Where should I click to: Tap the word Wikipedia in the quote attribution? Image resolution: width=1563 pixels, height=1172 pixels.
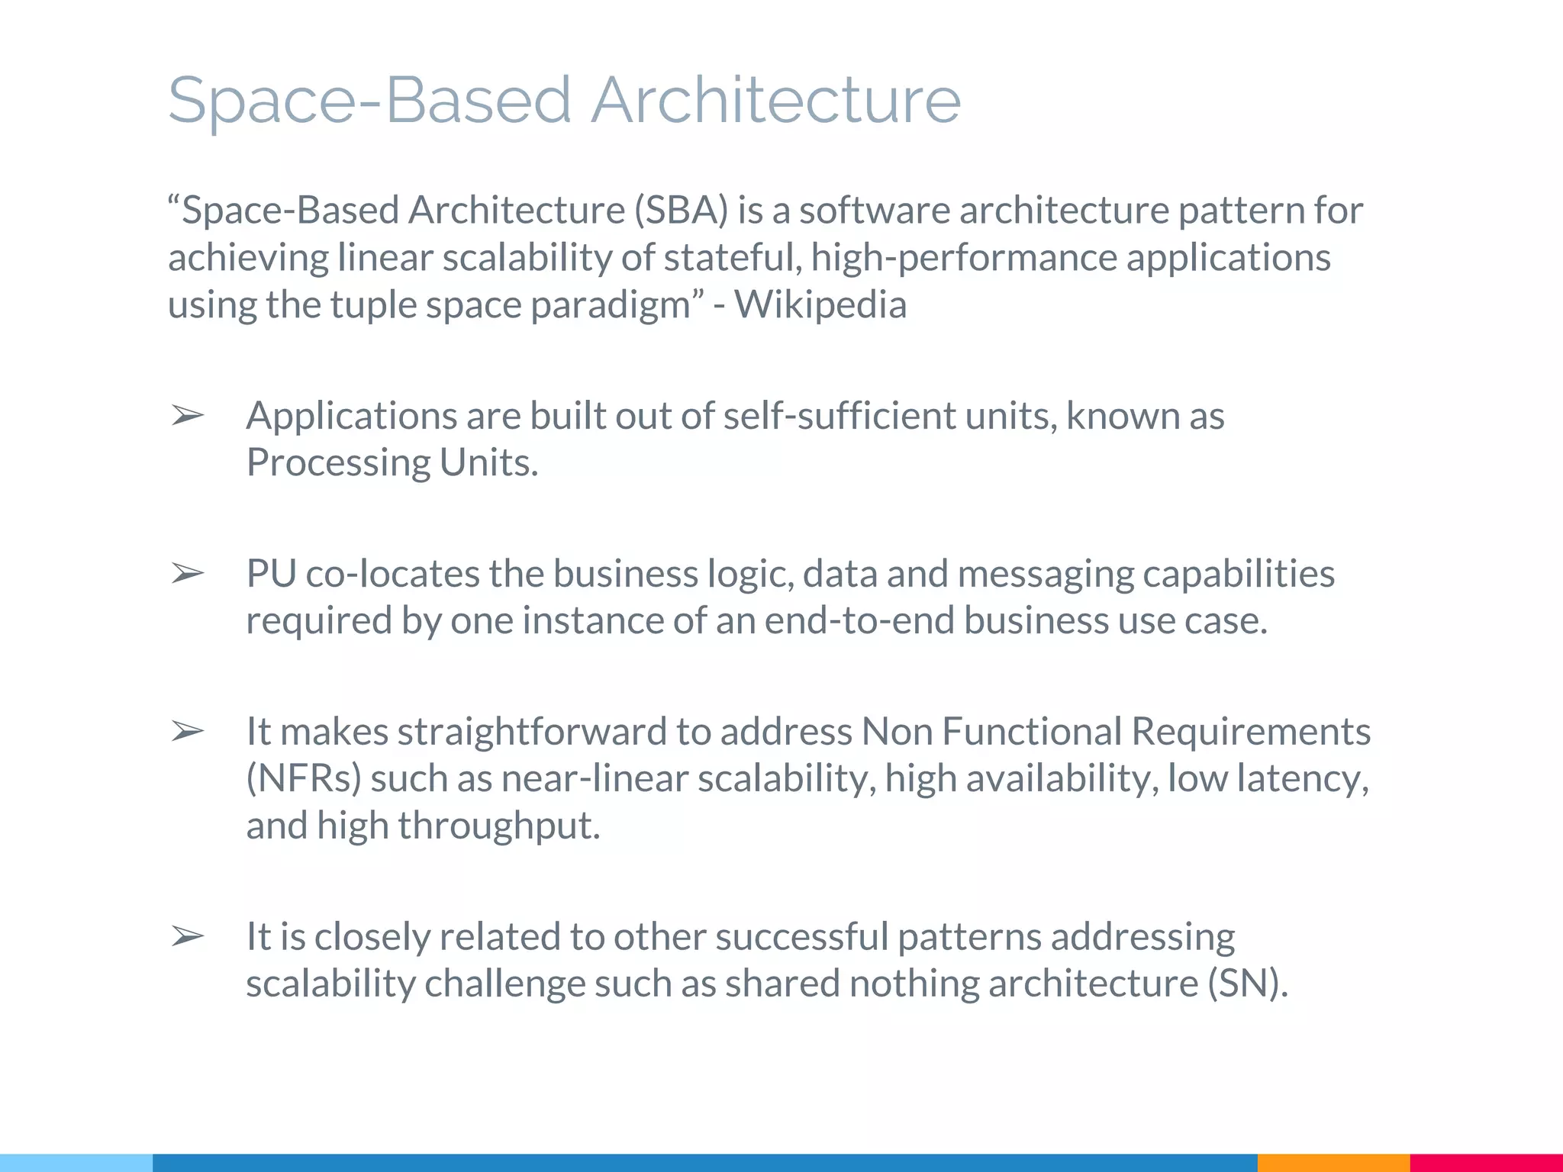click(x=820, y=304)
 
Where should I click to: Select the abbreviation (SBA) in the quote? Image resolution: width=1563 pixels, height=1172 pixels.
click(x=681, y=211)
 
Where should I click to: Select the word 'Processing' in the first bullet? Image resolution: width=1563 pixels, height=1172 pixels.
click(x=338, y=463)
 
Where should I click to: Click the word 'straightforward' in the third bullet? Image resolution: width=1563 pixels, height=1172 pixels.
click(x=532, y=732)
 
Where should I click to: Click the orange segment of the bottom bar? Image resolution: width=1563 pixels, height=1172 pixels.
click(x=1333, y=1163)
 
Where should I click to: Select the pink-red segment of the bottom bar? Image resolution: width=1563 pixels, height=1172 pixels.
click(x=1486, y=1163)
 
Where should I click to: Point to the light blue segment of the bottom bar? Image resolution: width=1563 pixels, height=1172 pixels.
click(x=76, y=1163)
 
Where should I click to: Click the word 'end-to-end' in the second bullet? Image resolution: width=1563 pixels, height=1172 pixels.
click(x=859, y=620)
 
